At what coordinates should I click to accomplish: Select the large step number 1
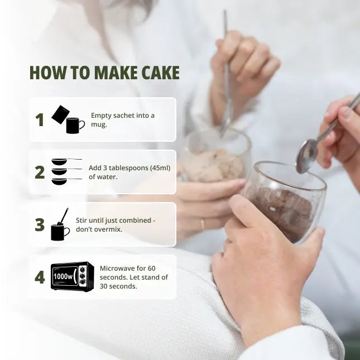(40, 119)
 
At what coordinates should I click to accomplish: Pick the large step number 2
(40, 172)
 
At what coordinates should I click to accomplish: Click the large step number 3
(40, 224)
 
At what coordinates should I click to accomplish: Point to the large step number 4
(40, 277)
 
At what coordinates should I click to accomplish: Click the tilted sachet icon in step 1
(60, 114)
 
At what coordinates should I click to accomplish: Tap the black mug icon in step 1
(75, 126)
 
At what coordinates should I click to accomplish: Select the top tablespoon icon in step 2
(66, 161)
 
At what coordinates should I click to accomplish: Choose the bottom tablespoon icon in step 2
(66, 181)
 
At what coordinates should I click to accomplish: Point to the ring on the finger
(202, 224)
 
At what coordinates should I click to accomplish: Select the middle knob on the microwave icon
(83, 276)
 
